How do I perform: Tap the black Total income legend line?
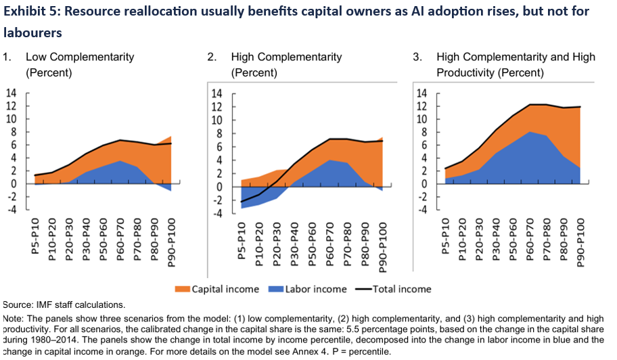click(x=365, y=289)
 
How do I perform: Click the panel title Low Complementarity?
click(x=80, y=57)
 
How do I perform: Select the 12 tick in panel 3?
click(x=421, y=106)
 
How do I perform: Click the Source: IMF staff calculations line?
click(x=64, y=305)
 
